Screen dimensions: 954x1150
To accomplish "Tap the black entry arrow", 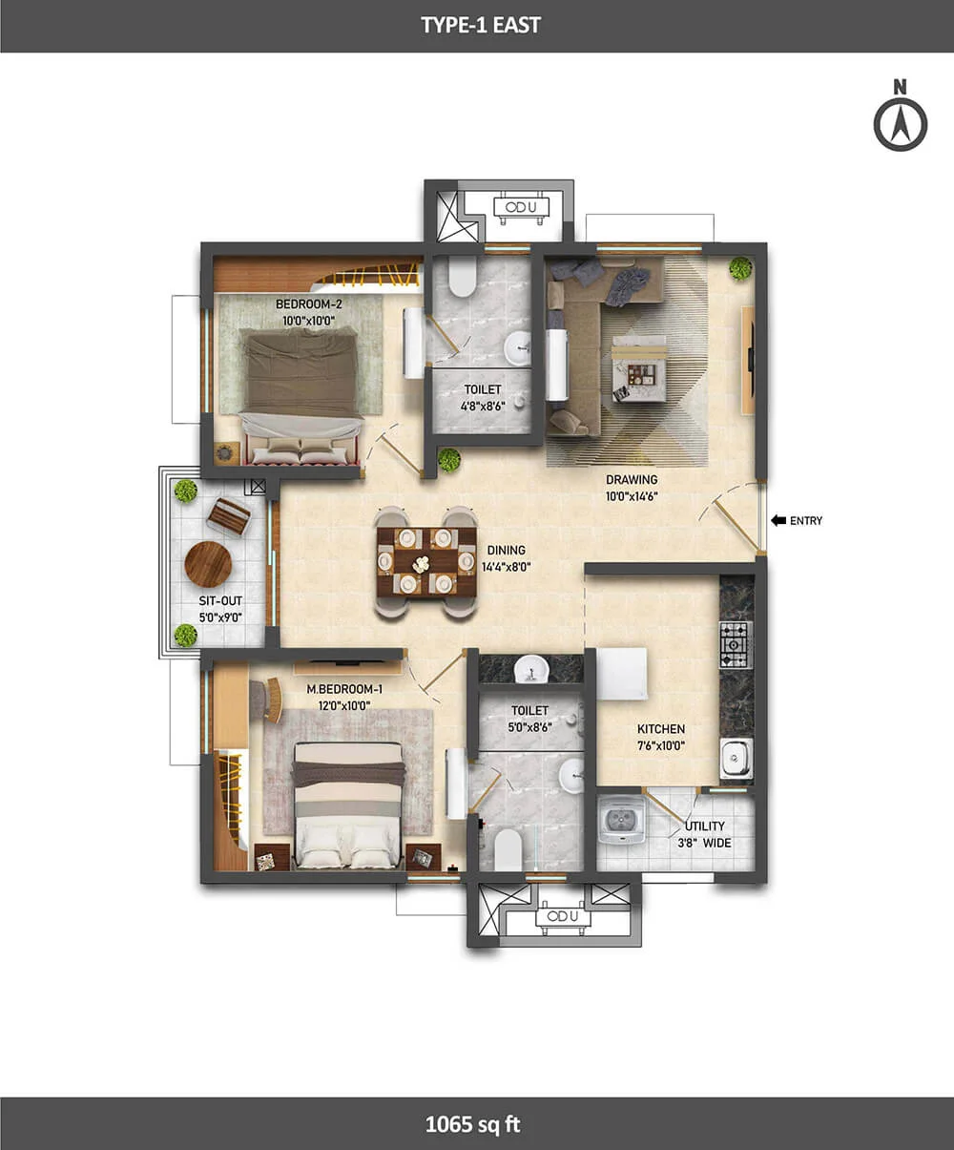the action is coord(778,520).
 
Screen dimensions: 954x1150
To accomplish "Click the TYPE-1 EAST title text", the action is coord(481,26).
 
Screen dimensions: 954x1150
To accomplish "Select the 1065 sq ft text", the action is coord(472,1124).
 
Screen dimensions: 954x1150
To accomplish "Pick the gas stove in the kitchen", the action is coord(736,644).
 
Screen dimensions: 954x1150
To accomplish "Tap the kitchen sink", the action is coord(736,759).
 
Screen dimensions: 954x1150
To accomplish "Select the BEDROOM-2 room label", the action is coord(309,304).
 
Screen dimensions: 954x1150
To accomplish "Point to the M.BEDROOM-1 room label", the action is coord(344,689).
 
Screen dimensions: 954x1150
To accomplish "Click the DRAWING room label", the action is coord(632,480).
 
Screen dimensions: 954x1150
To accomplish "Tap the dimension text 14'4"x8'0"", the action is coord(506,567).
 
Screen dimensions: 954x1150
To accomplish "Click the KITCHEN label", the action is coord(660,729).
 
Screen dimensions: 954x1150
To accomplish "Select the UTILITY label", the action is coord(705,826).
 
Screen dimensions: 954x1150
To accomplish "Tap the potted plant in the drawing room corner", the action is coord(740,268).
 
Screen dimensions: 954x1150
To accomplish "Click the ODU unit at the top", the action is coord(521,208).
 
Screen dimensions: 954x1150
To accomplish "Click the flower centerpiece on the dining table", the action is coord(422,563).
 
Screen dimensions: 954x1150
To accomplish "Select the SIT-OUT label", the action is coord(220,601).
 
